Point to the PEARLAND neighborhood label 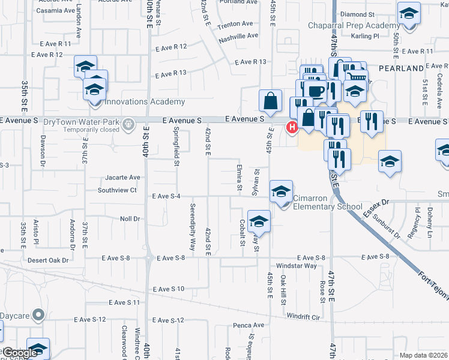[x=402, y=69]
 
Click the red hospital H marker [x=292, y=127]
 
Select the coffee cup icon [x=315, y=90]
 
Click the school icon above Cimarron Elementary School [x=281, y=191]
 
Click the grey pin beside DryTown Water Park [x=127, y=125]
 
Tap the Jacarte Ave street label [x=122, y=178]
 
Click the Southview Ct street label [x=118, y=190]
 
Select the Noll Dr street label [x=130, y=220]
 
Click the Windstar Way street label [x=296, y=266]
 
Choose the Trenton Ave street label [x=236, y=24]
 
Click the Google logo [x=20, y=353]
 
